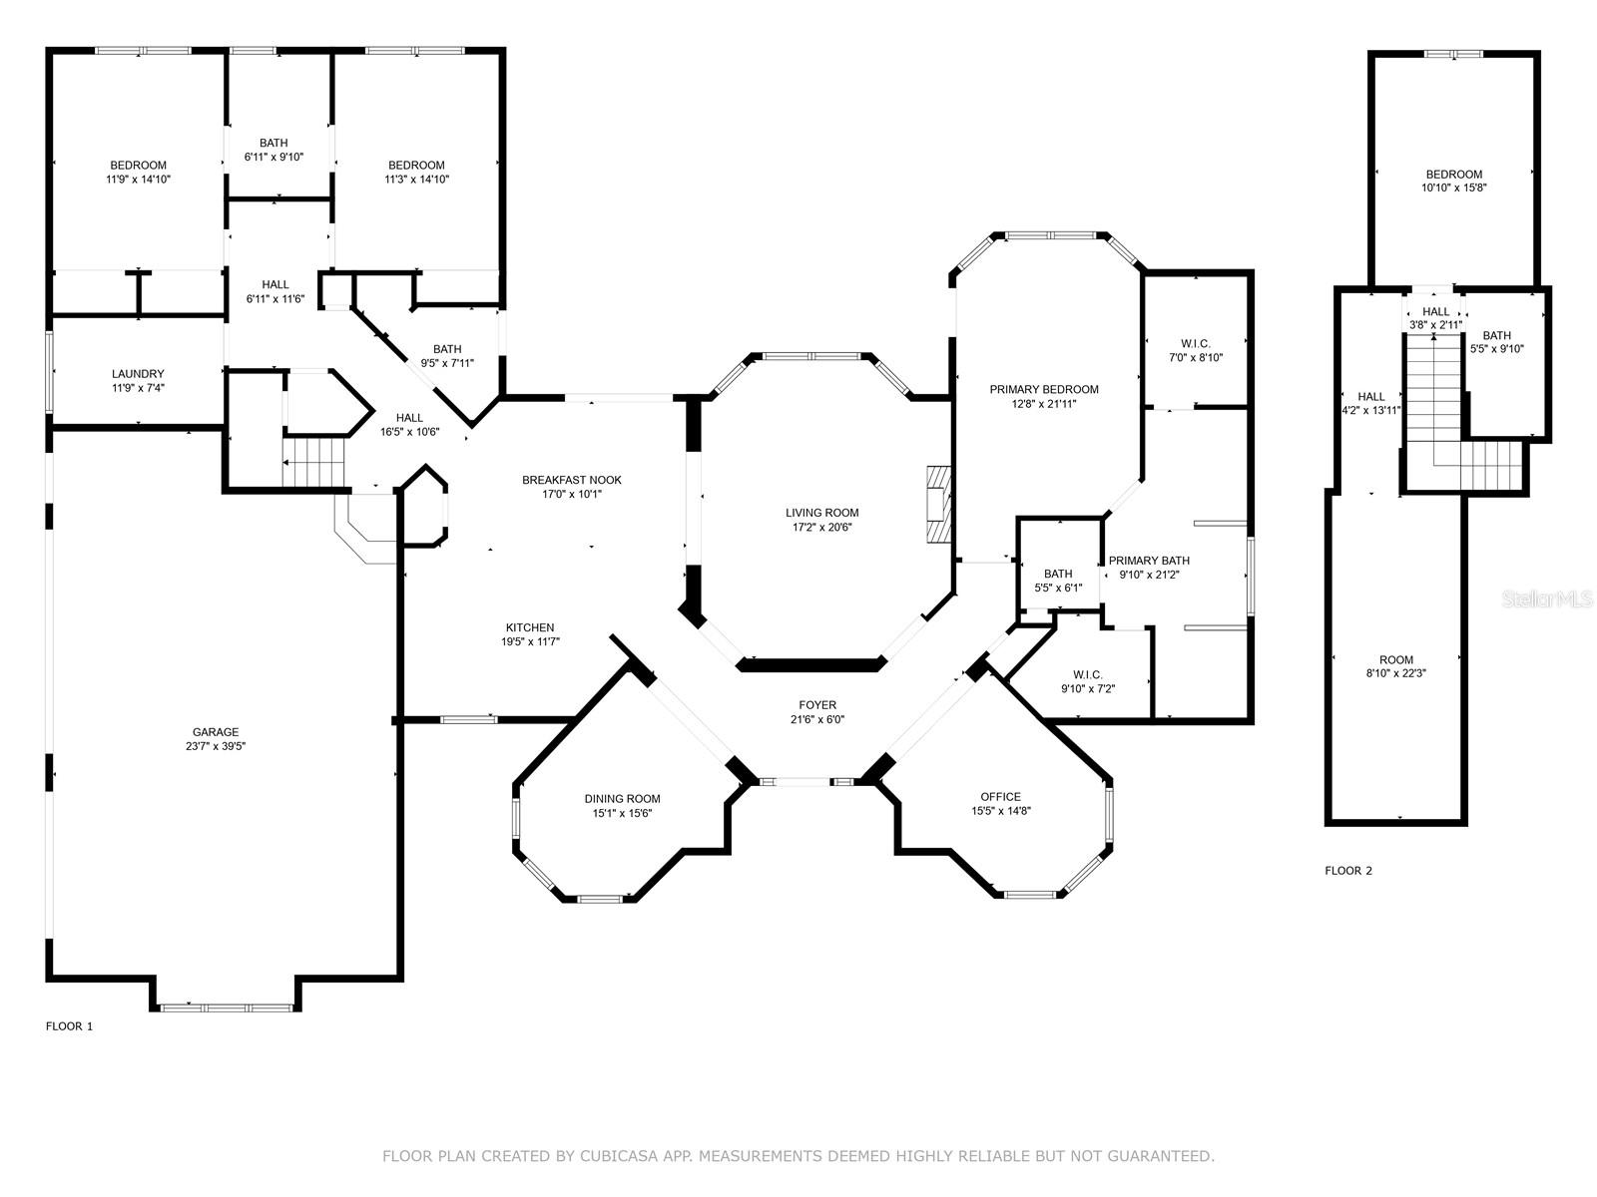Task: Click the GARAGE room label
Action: click(216, 732)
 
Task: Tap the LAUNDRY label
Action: click(138, 373)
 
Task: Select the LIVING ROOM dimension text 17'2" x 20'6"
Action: click(822, 527)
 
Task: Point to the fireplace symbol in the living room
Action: click(938, 505)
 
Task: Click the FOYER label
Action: click(817, 705)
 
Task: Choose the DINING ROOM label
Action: click(622, 799)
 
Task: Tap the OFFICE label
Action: click(1000, 797)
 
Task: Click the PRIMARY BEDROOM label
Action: click(1044, 390)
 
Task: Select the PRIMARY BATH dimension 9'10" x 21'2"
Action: click(1149, 575)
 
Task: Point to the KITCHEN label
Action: click(530, 627)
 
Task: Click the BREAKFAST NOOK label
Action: click(572, 480)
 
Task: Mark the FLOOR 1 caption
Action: click(69, 1026)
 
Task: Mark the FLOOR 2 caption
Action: click(1348, 871)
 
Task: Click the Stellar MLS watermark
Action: click(1546, 598)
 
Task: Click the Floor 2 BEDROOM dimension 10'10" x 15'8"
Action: click(1453, 187)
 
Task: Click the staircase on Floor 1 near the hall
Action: click(312, 462)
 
